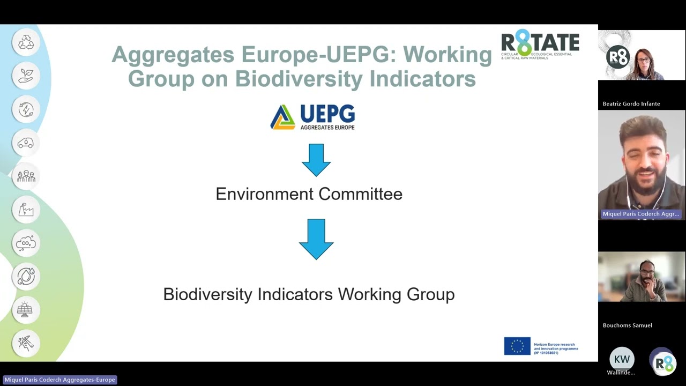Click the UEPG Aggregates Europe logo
click(x=312, y=117)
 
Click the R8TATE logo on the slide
click(x=540, y=44)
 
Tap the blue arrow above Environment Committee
click(x=316, y=160)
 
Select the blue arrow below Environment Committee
click(x=316, y=239)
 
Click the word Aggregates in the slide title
click(x=173, y=55)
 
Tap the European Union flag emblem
click(x=517, y=346)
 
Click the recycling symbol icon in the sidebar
click(x=26, y=42)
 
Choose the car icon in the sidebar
click(x=26, y=143)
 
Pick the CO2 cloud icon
click(x=26, y=243)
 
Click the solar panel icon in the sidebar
click(x=26, y=310)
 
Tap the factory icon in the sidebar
click(x=26, y=210)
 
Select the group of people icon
click(x=26, y=176)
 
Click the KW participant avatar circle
click(x=622, y=359)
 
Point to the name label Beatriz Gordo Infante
click(x=631, y=103)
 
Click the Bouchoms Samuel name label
click(x=627, y=325)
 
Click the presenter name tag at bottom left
click(x=59, y=380)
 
